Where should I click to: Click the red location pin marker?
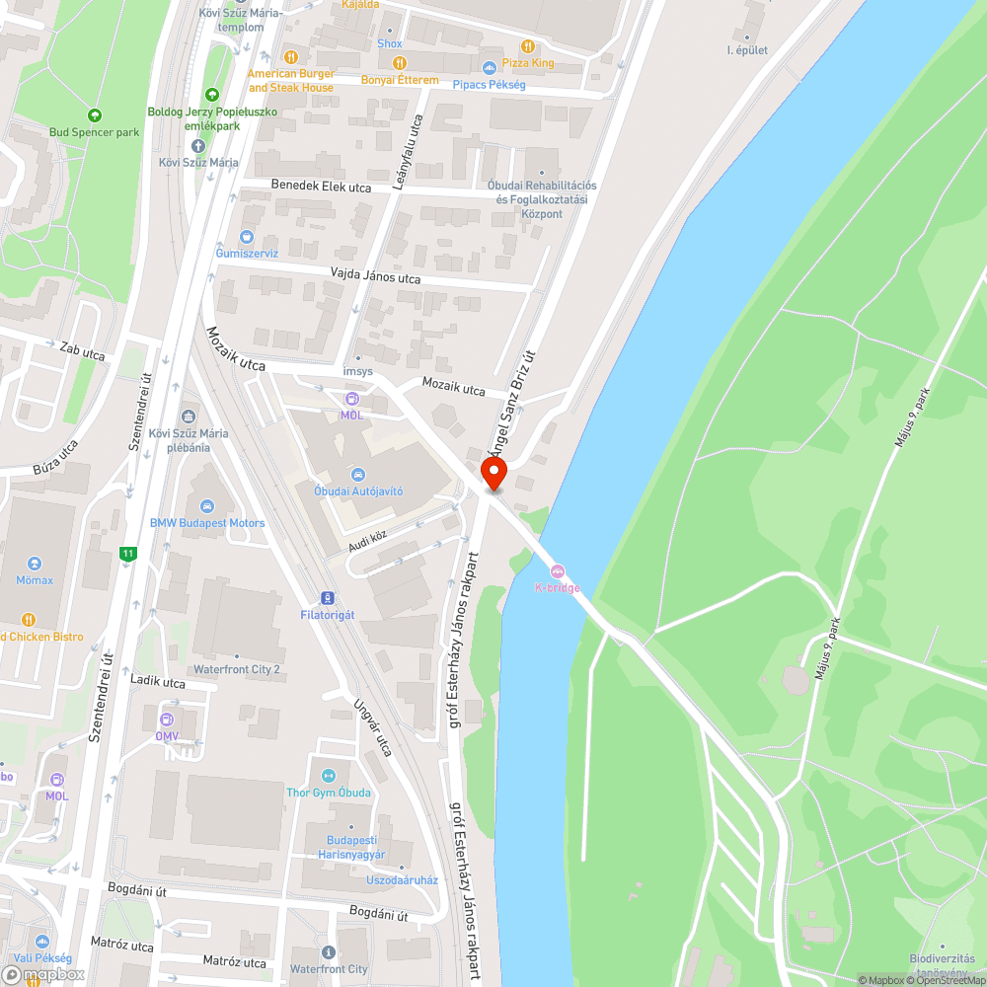[x=493, y=473]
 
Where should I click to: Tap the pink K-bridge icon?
[x=557, y=570]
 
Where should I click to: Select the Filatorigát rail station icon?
[x=327, y=597]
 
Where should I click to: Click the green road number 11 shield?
[x=127, y=554]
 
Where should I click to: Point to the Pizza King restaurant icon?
[x=528, y=45]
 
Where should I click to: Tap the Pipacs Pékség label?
[x=489, y=84]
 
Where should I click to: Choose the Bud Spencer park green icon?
[x=95, y=114]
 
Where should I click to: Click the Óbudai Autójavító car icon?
[x=358, y=475]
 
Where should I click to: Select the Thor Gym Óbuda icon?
[x=329, y=776]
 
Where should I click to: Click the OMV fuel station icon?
[x=167, y=719]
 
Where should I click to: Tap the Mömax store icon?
[x=35, y=564]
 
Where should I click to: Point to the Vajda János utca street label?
[x=375, y=277]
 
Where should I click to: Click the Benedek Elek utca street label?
[x=321, y=187]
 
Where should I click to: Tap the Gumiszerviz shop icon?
[x=247, y=237]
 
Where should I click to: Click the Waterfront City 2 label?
[x=237, y=669]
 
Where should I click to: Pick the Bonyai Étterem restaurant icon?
[x=400, y=62]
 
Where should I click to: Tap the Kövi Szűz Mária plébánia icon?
[x=188, y=416]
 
